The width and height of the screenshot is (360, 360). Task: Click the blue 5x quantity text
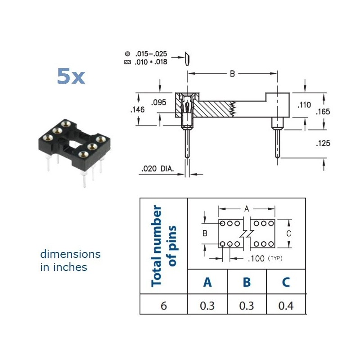(x=71, y=76)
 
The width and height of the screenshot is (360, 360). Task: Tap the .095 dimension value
(x=159, y=103)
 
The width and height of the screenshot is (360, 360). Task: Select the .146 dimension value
(x=138, y=109)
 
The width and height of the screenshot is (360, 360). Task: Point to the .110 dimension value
(x=304, y=105)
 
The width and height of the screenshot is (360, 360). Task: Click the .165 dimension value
(x=323, y=112)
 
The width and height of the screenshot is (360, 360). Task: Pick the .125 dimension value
(x=323, y=143)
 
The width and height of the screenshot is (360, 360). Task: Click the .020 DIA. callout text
(x=158, y=169)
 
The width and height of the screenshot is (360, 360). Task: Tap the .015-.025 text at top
(x=151, y=54)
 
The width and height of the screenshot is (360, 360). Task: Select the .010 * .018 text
(x=151, y=62)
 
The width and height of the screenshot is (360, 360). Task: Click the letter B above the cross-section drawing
(x=232, y=74)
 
